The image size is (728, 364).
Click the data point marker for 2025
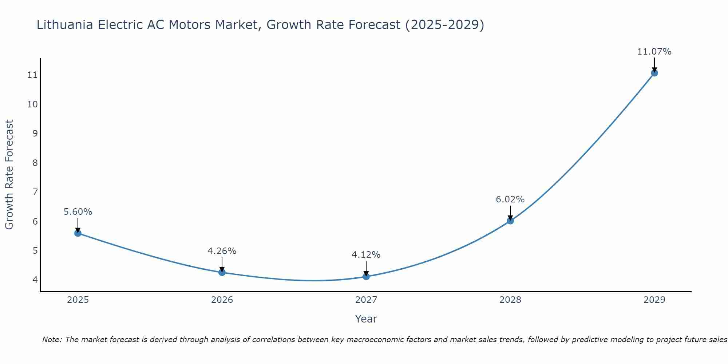coord(78,233)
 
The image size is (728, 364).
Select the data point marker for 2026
coord(222,272)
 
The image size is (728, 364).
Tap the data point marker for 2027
coord(366,276)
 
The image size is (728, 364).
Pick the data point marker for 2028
coord(510,221)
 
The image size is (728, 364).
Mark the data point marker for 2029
coord(654,73)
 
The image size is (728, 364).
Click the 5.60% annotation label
coord(78,212)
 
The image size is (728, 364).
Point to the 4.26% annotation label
coord(222,251)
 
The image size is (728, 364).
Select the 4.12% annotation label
coord(366,255)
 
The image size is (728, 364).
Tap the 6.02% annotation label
coord(510,199)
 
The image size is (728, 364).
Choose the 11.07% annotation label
coord(654,52)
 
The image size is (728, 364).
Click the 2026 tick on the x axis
coord(222,300)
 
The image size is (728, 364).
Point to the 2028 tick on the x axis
coord(510,300)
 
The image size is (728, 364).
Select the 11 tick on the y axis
coord(32,75)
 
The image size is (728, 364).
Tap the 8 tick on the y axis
coord(35,163)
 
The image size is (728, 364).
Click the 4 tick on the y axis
coord(35,280)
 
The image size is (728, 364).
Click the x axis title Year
coord(366,319)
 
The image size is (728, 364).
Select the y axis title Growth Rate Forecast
coord(9,175)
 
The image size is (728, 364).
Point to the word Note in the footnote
coord(52,340)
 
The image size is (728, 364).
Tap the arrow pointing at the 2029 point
coord(654,65)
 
